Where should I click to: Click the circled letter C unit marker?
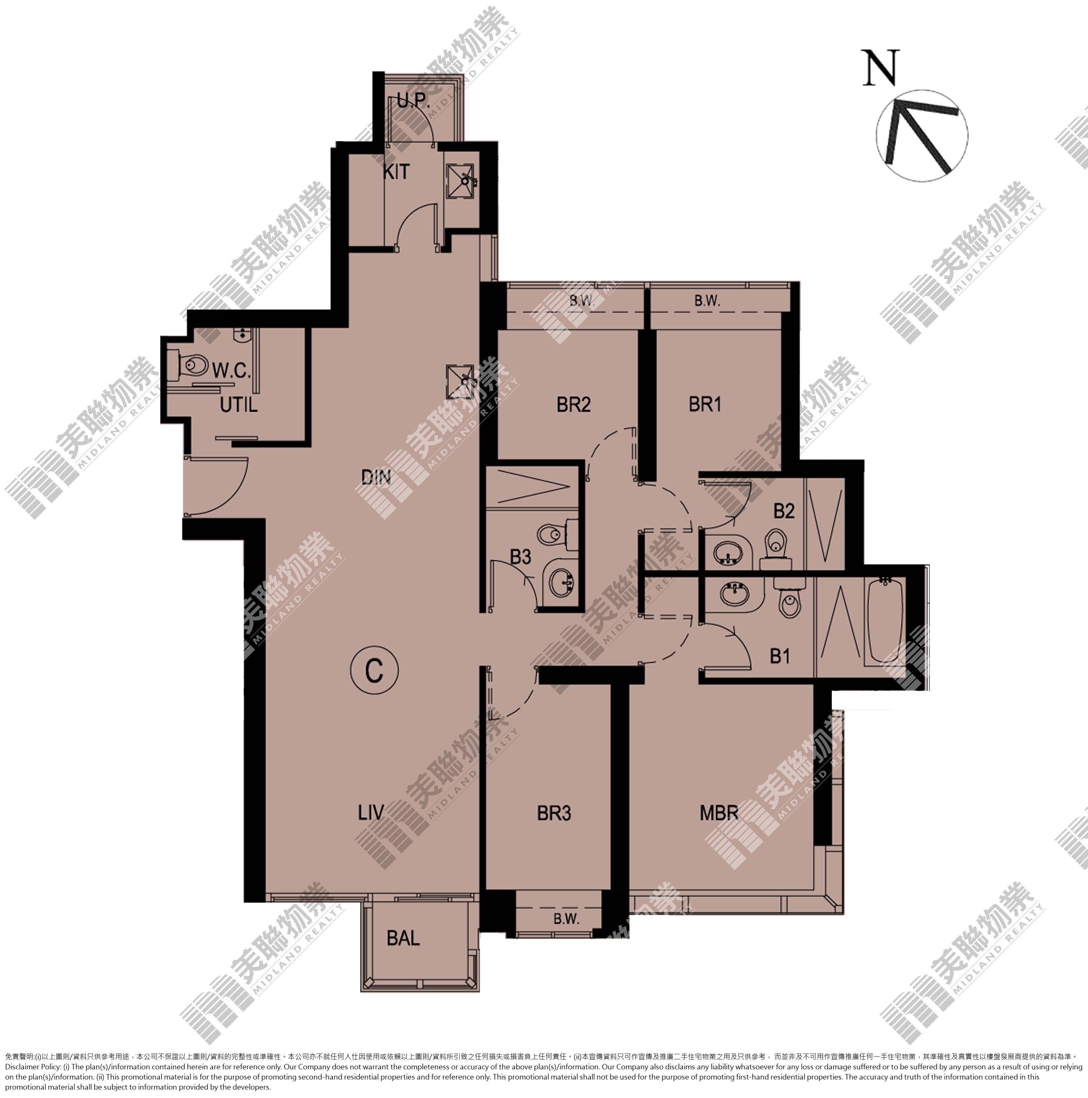coord(374,672)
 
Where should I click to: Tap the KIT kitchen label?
coord(396,172)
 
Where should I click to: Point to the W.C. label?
coord(231,372)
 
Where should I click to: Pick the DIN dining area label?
coord(376,476)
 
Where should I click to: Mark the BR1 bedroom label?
coord(705,404)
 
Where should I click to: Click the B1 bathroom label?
coord(780,656)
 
